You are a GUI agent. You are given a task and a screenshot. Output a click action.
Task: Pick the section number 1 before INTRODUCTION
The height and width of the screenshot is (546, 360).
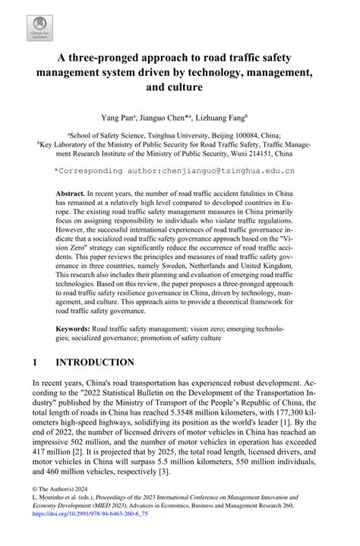36,362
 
